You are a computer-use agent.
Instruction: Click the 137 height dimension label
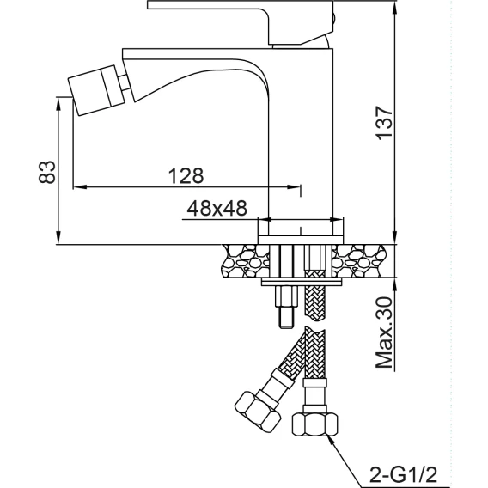coord(384,123)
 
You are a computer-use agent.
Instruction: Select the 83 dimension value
coord(47,172)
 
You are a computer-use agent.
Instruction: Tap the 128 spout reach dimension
coord(186,175)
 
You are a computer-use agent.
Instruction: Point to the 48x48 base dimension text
coord(217,208)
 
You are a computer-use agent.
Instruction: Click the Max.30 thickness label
coord(384,332)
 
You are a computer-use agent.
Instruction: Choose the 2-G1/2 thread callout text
coord(403,474)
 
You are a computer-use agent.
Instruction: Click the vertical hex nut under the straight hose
coord(314,424)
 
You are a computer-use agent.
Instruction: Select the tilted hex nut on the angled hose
coord(258,412)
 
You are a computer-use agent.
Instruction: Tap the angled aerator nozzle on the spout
coord(95,90)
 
